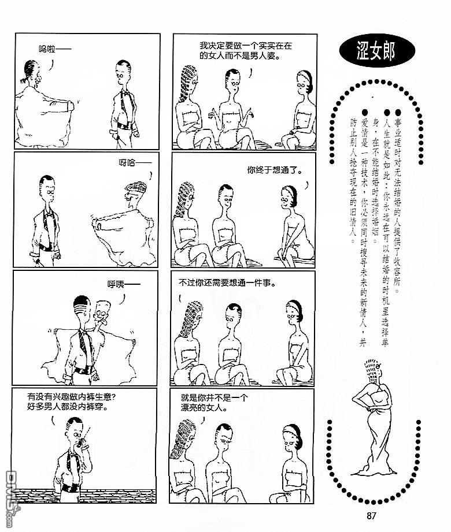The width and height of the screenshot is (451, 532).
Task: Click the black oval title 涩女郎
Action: (377, 51)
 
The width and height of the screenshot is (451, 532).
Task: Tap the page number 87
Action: (371, 516)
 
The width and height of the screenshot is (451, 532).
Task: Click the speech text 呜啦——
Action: (55, 50)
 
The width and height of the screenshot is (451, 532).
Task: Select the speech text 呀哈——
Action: (135, 163)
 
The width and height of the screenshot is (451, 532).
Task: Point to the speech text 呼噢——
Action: (124, 284)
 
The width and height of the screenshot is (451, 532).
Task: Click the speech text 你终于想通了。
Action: (275, 170)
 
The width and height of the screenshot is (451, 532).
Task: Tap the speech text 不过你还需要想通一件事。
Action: (227, 282)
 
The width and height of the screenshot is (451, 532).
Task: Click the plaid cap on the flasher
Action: (136, 187)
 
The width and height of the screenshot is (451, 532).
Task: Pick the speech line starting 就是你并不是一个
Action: (214, 397)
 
